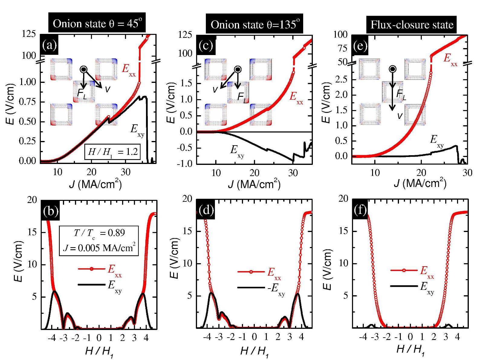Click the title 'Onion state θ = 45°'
97,24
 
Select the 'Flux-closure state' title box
412,24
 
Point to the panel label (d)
206,210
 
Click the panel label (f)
361,209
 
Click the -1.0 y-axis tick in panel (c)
186,164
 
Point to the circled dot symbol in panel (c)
238,69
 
